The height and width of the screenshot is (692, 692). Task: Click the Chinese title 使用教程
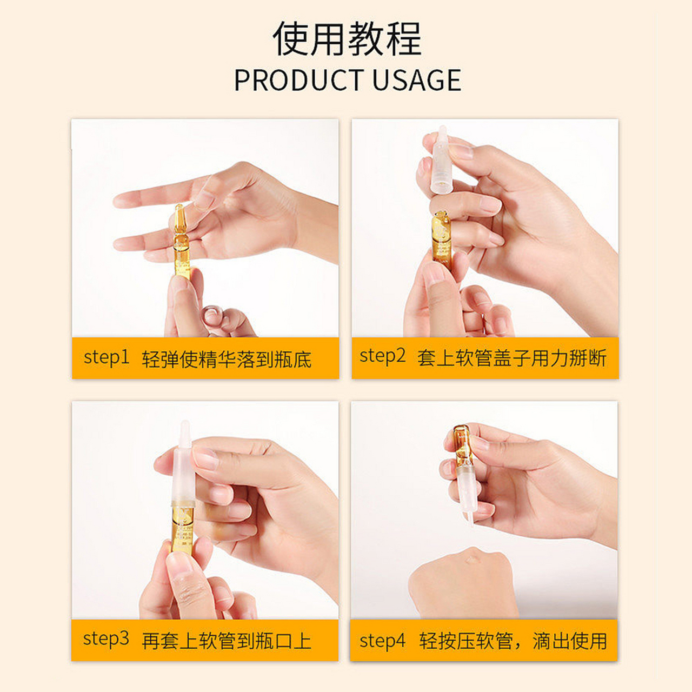(x=347, y=39)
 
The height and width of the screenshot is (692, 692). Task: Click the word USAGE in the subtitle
(x=416, y=81)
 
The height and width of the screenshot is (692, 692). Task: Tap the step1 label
(x=106, y=358)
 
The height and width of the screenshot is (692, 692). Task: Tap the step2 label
(x=382, y=356)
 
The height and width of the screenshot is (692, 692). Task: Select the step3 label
(x=106, y=639)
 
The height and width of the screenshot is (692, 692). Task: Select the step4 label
(x=382, y=641)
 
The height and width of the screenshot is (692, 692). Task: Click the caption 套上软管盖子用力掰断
(x=511, y=358)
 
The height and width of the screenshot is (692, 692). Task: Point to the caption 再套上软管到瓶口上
(x=227, y=641)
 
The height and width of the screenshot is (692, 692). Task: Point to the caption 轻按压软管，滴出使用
(x=513, y=641)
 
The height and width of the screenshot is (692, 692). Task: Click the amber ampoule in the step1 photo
(x=181, y=243)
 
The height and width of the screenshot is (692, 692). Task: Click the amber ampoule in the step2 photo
(x=442, y=238)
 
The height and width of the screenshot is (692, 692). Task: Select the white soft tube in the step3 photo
(x=184, y=470)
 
